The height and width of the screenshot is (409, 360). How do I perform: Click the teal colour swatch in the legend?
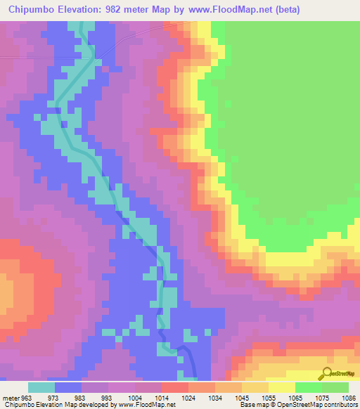coord(41,387)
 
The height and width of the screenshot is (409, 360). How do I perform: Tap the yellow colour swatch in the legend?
coord(282,387)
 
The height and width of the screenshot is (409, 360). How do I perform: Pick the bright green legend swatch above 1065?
coord(309,387)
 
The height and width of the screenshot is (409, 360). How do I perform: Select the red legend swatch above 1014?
coord(175,387)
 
